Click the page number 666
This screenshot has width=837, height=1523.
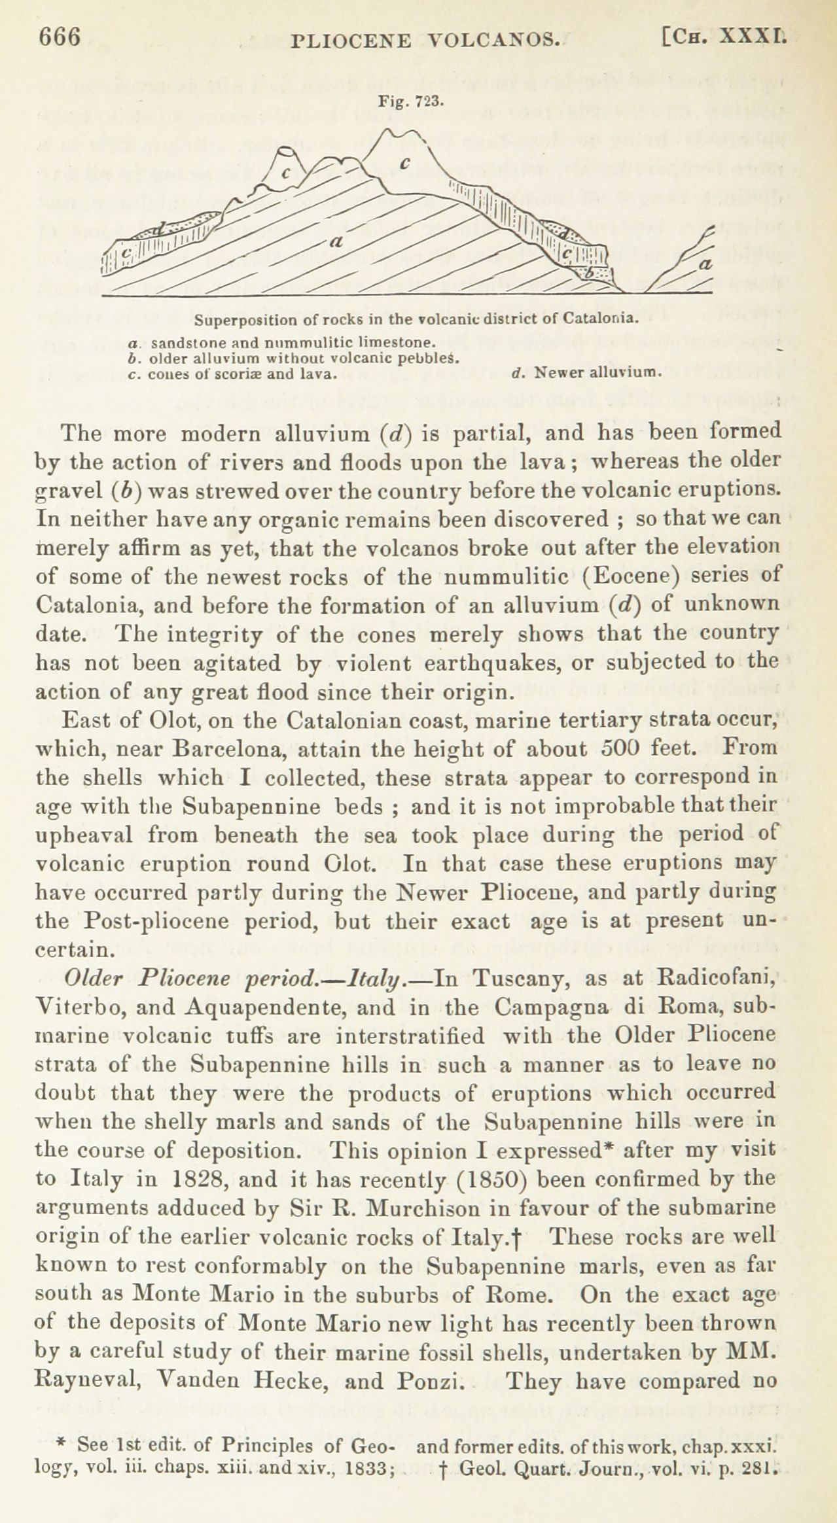point(60,37)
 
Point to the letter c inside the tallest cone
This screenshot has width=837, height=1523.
point(406,161)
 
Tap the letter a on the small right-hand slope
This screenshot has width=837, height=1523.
point(704,264)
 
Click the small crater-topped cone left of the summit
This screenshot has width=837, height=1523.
point(286,171)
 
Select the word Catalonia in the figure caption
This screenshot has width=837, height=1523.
point(600,319)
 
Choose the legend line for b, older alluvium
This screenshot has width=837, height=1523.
point(292,358)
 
